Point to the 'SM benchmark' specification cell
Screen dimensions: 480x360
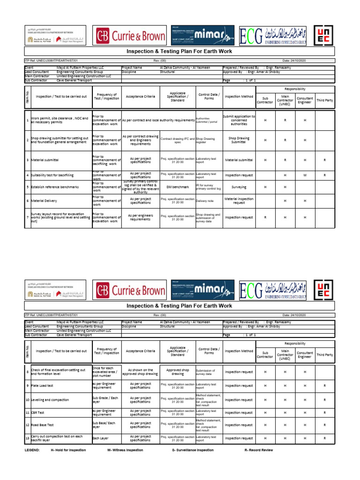point(178,187)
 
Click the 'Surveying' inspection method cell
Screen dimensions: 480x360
point(239,187)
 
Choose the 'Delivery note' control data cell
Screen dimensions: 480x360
point(204,201)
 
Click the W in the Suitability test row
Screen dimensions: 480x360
point(305,175)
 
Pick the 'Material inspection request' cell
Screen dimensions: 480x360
point(239,201)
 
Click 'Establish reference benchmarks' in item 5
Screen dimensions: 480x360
point(55,187)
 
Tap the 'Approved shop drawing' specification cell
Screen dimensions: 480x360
point(178,372)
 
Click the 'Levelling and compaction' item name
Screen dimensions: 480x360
point(50,400)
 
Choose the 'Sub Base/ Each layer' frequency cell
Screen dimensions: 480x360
point(104,425)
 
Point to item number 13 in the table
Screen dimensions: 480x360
point(28,438)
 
